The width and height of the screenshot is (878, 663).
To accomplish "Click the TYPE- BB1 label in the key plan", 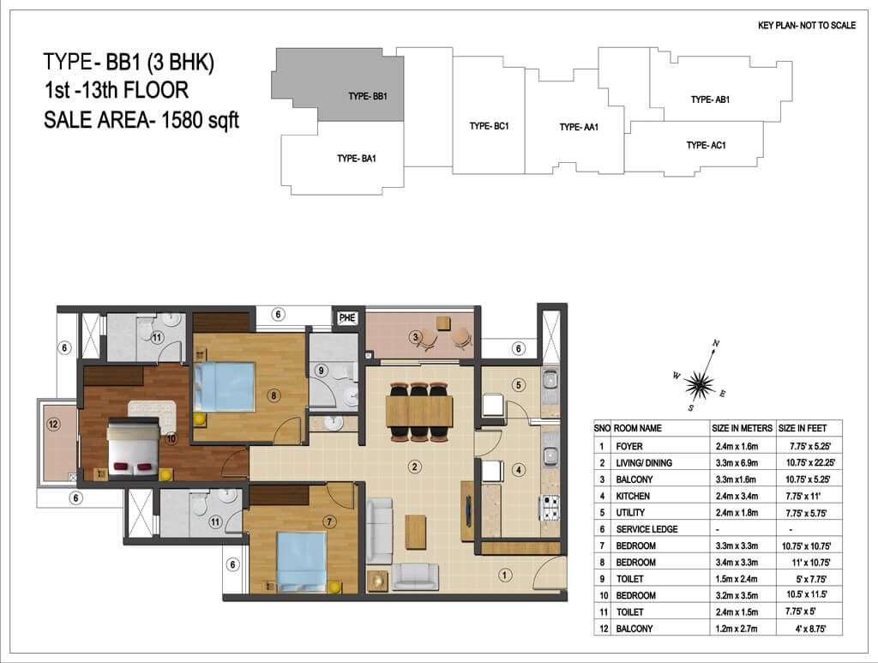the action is click(367, 96).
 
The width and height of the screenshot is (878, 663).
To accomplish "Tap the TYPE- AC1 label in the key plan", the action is click(707, 145).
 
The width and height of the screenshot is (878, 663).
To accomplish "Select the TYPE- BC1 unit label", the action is click(489, 126).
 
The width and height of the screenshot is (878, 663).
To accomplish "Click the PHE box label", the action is click(347, 317).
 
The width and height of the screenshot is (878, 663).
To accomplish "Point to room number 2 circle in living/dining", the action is click(414, 467).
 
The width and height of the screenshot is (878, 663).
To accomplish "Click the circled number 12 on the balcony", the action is click(53, 424).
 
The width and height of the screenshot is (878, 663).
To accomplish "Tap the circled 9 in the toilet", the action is click(321, 371).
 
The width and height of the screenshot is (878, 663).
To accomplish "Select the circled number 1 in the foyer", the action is click(504, 575).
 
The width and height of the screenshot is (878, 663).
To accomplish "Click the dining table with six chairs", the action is click(419, 411).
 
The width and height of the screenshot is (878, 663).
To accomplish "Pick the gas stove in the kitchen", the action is click(550, 508).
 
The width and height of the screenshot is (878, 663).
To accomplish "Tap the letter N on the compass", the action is click(716, 343).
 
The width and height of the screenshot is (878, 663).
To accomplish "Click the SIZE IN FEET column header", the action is click(803, 428).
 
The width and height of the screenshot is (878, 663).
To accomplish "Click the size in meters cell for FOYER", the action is click(737, 446).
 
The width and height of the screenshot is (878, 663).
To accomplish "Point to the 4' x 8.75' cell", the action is click(810, 629).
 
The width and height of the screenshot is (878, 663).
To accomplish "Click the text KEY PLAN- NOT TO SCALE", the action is click(806, 25).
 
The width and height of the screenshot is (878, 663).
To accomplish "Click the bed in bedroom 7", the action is click(302, 561).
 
